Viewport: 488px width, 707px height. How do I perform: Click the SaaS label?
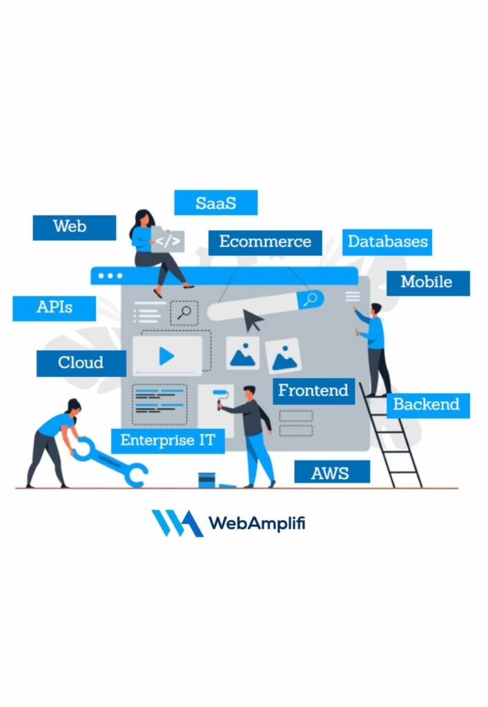tap(215, 203)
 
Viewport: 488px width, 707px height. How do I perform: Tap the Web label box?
tap(74, 227)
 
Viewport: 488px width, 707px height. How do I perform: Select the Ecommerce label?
tap(265, 242)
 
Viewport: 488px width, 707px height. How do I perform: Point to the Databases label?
tap(387, 242)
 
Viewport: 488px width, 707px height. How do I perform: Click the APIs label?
tap(54, 308)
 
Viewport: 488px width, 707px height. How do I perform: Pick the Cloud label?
tap(81, 363)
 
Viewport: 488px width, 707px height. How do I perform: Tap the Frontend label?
tap(313, 391)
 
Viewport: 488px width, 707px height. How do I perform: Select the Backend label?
tap(426, 405)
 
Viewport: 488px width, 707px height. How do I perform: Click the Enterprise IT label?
tap(168, 440)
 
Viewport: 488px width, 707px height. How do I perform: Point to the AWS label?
tap(331, 472)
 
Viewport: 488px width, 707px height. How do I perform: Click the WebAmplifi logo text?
tap(257, 523)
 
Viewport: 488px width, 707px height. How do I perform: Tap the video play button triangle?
tap(166, 356)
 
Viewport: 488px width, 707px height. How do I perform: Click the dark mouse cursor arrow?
tap(253, 321)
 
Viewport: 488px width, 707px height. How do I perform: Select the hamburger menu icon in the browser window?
tap(353, 297)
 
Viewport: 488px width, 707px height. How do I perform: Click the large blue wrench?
tap(110, 460)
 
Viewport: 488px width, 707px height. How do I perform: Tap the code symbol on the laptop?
tap(168, 242)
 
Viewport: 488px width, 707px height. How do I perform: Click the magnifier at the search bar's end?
tap(311, 300)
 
